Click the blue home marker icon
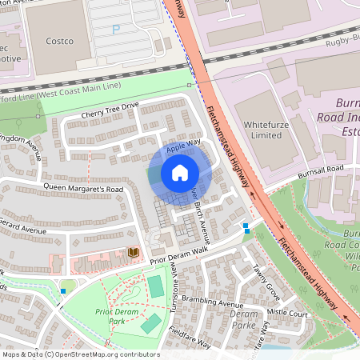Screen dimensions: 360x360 coord(180,173)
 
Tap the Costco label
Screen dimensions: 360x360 coord(59,41)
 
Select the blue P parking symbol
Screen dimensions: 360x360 coord(116,30)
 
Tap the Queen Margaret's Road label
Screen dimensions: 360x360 coord(83,189)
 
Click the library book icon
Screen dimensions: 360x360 coord(133,253)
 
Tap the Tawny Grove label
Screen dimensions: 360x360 coord(265,279)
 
